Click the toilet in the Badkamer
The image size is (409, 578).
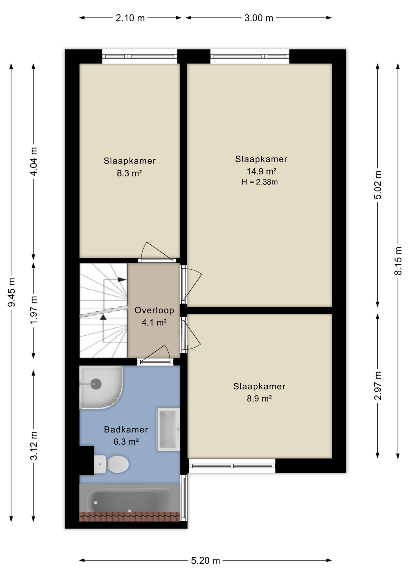pos(111,464)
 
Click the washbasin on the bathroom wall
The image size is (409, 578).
pos(168,429)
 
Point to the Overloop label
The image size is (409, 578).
pos(154,310)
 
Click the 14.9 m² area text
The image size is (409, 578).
pos(261,171)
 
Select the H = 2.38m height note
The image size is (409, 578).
pos(260,182)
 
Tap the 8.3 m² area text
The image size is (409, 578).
pos(129,173)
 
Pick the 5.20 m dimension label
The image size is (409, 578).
pos(205,561)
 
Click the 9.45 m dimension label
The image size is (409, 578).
pos(11,292)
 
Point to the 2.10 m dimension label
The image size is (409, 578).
pos(130,18)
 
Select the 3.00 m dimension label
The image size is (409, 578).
pos(259,18)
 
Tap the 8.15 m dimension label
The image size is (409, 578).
pos(398,261)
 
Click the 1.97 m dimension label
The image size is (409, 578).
pos(34,310)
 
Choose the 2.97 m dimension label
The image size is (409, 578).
pos(378,386)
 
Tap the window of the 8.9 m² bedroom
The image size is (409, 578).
pos(232,466)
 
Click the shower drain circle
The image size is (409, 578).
pos(96,384)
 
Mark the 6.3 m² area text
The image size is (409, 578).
pos(126,442)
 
